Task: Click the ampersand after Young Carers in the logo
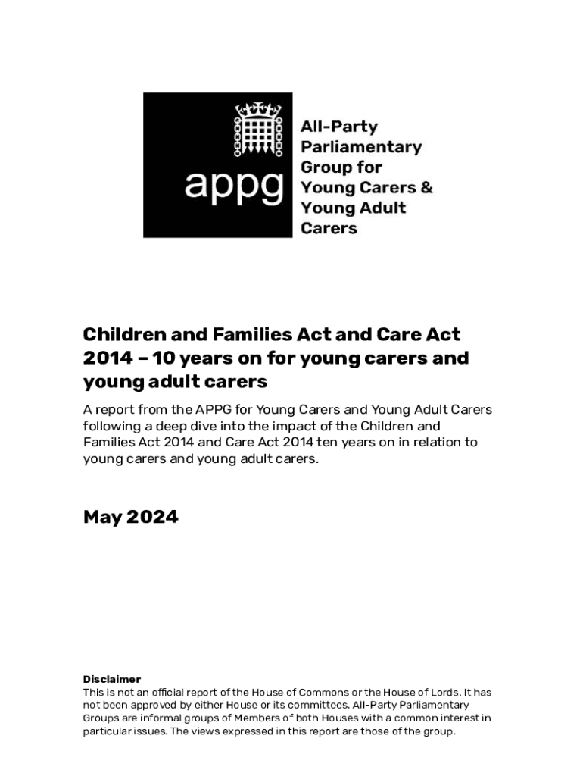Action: tap(426, 187)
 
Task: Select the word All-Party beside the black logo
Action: tap(339, 126)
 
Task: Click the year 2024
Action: tap(153, 517)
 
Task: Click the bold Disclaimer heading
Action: tap(111, 679)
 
